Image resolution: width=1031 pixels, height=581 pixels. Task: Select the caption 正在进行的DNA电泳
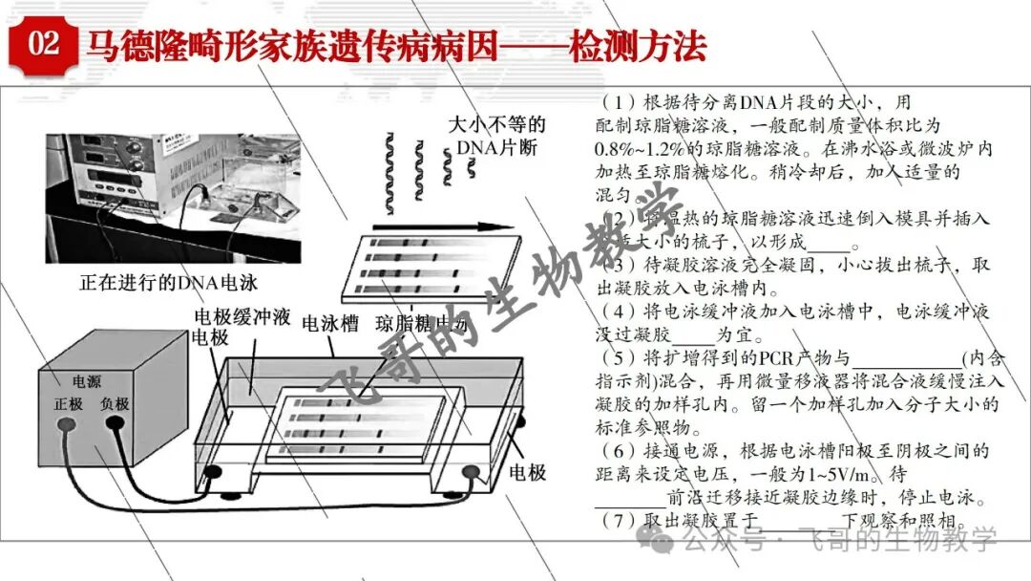tap(168, 283)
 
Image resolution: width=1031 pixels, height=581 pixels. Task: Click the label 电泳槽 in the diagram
tap(329, 323)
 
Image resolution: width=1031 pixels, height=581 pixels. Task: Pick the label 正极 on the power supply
tap(70, 404)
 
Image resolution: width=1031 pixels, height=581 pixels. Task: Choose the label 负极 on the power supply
tap(115, 404)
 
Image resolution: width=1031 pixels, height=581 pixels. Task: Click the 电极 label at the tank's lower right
tap(526, 471)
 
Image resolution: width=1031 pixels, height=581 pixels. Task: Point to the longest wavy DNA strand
tap(391, 166)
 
